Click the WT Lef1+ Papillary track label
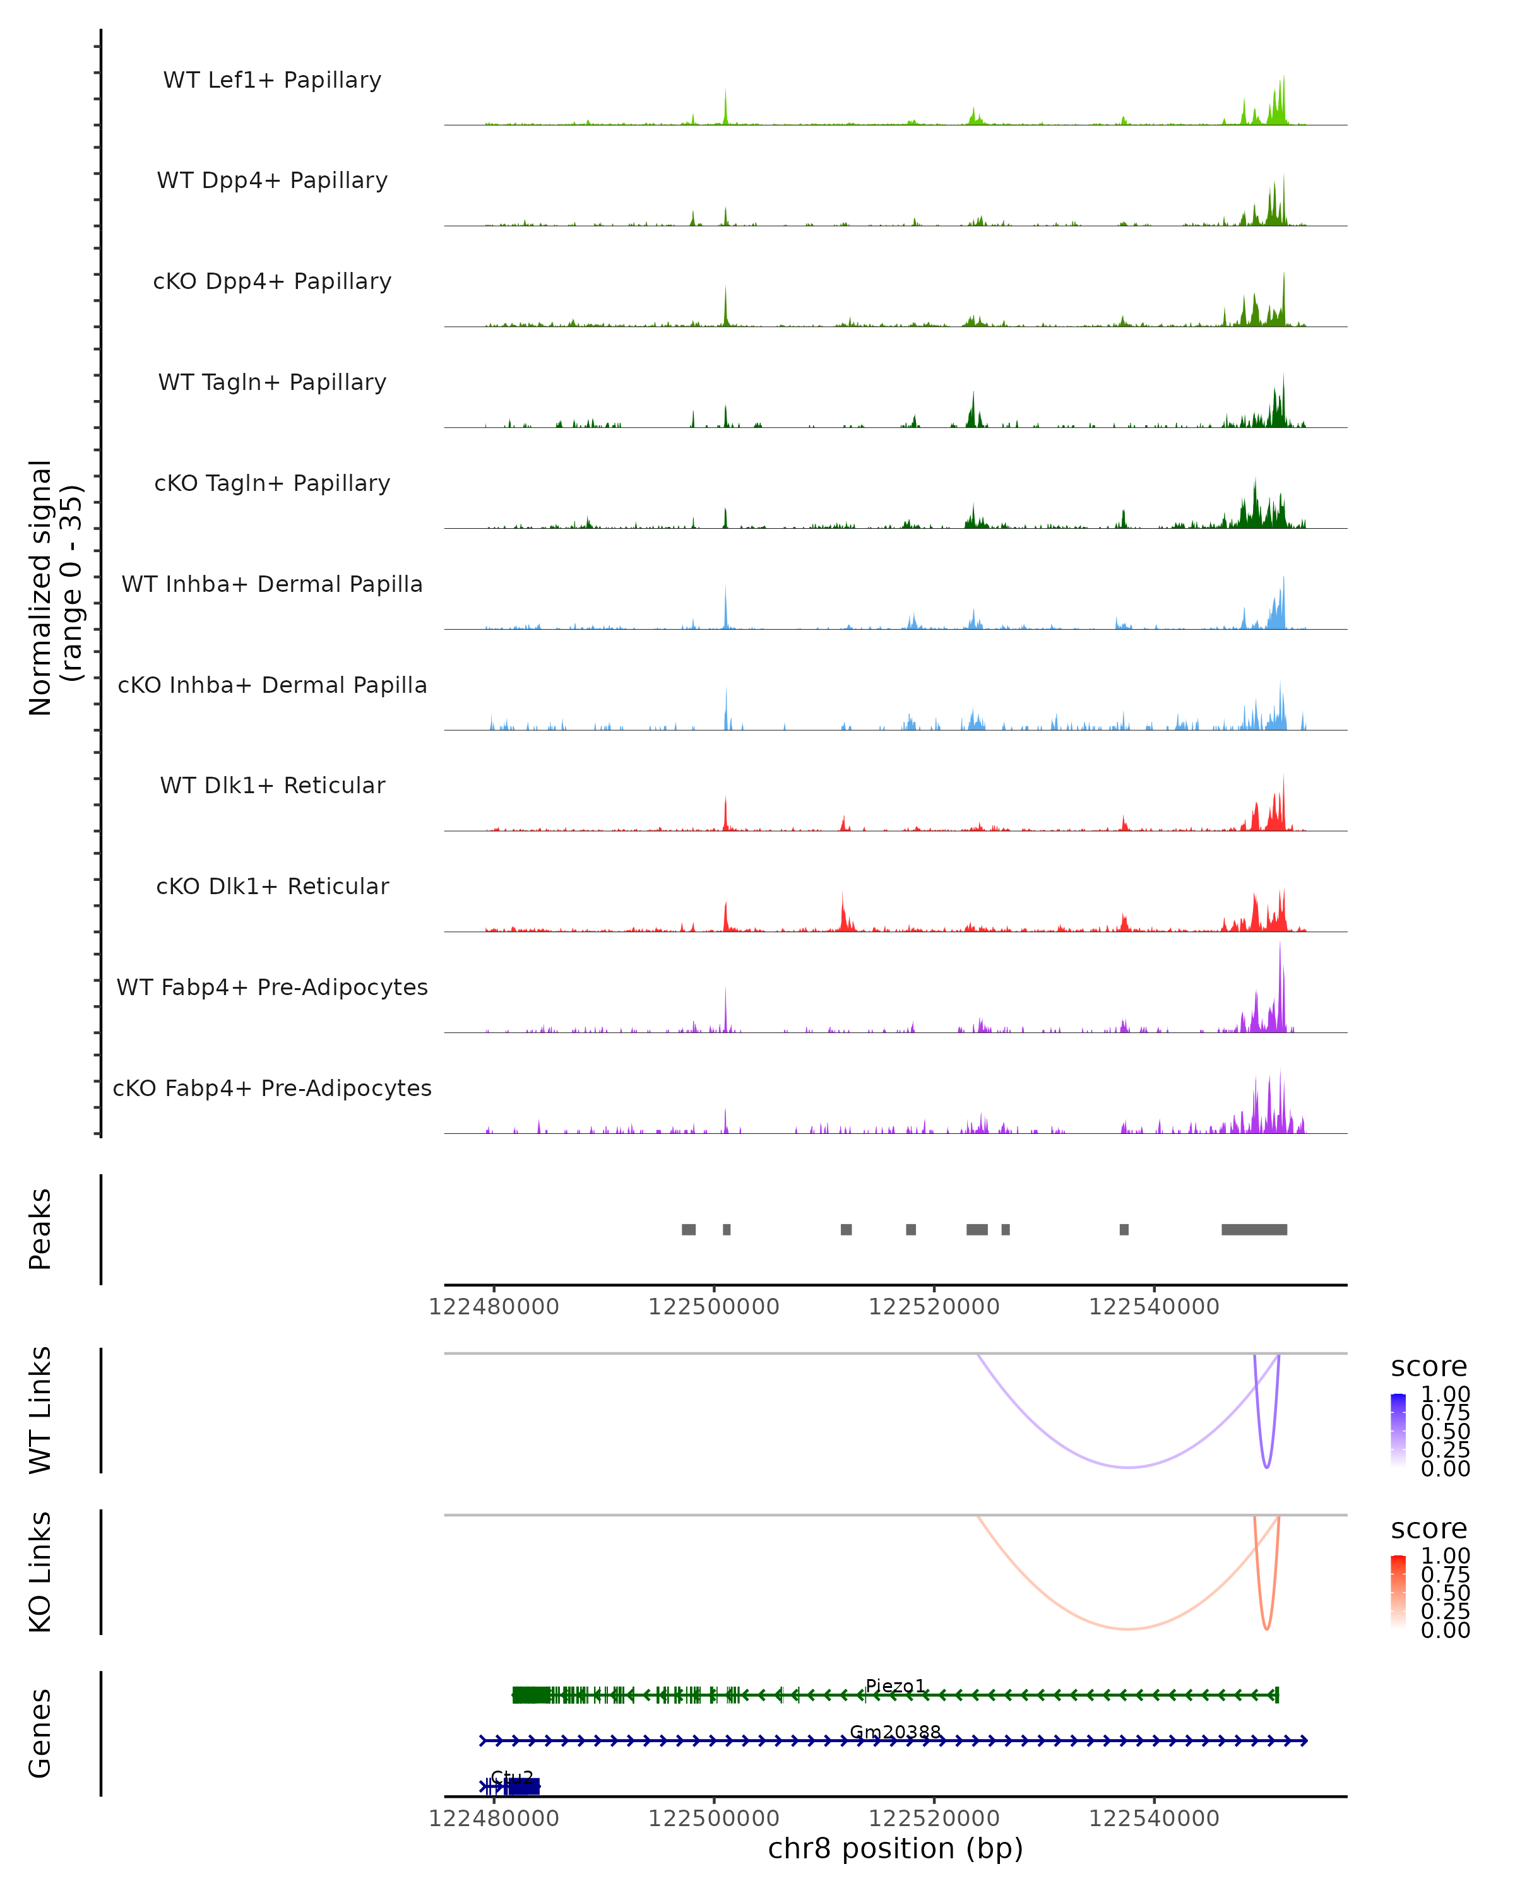click(272, 80)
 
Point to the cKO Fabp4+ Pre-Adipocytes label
click(272, 1088)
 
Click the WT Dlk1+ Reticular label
click(272, 785)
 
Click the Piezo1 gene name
click(895, 1687)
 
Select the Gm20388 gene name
click(895, 1732)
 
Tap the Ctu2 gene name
click(512, 1778)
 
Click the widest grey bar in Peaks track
click(1254, 1229)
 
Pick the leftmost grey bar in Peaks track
click(689, 1229)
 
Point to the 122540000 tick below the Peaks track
click(1154, 1307)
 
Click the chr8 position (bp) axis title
click(895, 1849)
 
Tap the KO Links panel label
click(40, 1572)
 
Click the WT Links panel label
click(40, 1410)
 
